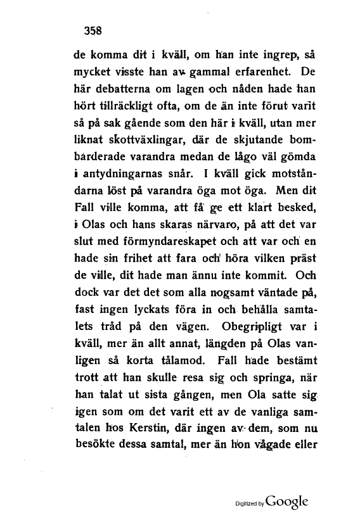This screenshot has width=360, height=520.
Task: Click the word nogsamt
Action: coord(195,291)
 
